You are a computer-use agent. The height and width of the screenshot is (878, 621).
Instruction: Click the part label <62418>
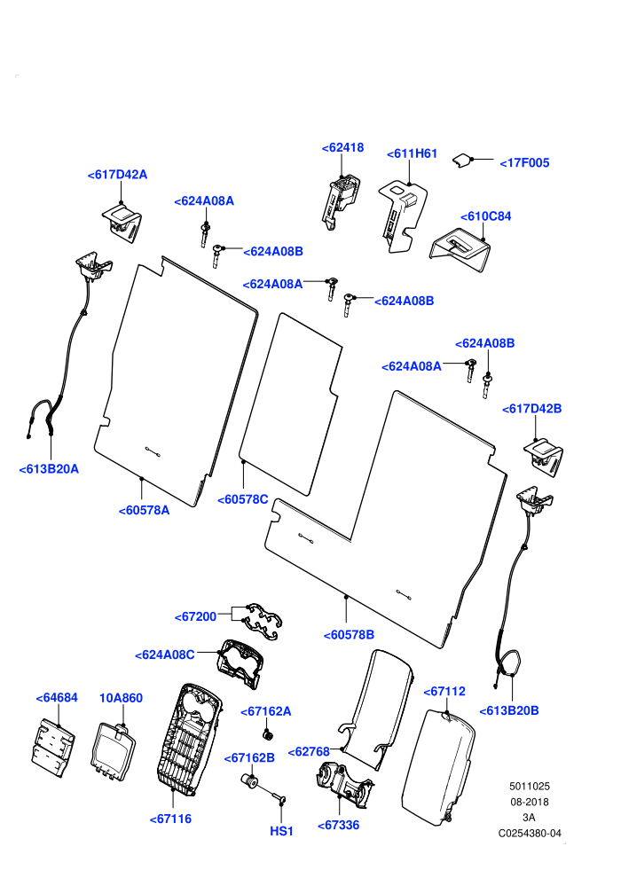[342, 147]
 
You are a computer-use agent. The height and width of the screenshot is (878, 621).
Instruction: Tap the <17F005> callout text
[524, 163]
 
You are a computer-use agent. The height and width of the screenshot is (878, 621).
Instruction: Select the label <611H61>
[412, 153]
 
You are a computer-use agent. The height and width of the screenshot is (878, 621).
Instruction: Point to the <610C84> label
[485, 216]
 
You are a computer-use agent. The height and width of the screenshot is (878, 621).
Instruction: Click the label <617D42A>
[117, 175]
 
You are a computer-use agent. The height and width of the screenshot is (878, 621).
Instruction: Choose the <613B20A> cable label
[49, 469]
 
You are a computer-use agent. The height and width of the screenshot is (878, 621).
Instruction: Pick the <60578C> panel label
[242, 499]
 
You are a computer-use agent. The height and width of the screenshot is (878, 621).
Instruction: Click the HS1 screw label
[281, 831]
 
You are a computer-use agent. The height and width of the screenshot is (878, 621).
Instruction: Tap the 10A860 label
[121, 698]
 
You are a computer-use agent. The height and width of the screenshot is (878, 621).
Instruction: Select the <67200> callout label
[195, 616]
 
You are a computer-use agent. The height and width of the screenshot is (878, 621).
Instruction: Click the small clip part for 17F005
[461, 161]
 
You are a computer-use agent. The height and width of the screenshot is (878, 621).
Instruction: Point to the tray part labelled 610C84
[460, 248]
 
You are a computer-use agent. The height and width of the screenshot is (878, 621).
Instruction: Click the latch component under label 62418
[340, 200]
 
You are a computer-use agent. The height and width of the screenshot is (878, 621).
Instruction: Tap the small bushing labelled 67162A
[268, 734]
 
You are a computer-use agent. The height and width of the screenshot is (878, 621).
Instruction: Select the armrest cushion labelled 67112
[438, 768]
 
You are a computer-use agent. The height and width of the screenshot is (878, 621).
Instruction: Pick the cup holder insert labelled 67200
[262, 621]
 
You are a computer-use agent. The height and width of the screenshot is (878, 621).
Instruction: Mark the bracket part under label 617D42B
[544, 458]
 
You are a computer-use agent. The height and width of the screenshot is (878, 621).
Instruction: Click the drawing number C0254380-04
[530, 833]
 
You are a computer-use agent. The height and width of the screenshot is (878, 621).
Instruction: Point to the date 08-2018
[530, 802]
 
